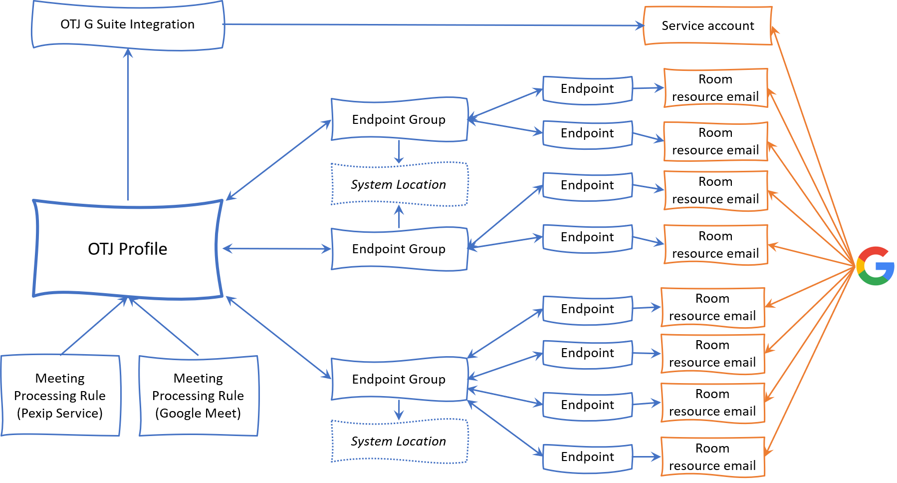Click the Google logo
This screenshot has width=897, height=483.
(876, 266)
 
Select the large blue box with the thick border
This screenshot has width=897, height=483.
(128, 249)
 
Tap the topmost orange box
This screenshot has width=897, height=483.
(708, 25)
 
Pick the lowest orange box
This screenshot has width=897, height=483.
(713, 457)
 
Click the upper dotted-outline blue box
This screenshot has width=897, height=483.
(400, 183)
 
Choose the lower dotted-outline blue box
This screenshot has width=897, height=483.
(400, 441)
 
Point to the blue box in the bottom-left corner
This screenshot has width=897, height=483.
(60, 395)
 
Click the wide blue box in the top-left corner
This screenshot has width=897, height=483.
(128, 25)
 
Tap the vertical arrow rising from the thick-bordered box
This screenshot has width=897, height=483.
(128, 125)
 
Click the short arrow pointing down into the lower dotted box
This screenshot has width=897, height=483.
(399, 410)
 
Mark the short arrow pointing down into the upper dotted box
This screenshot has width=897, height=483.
(399, 152)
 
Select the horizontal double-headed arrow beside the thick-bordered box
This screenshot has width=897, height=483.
(276, 248)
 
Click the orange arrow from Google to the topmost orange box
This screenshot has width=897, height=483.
(813, 145)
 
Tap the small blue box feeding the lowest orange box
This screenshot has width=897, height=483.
(588, 458)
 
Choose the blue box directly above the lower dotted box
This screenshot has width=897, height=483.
(400, 379)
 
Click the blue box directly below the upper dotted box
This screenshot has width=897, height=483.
(400, 249)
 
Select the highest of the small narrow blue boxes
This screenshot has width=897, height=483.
(588, 90)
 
